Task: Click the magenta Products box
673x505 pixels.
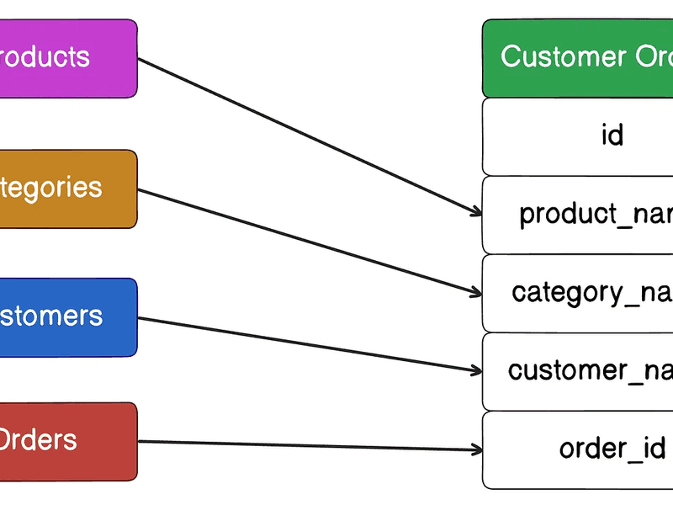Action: coord(67,58)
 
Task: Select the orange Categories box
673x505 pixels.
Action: coord(67,189)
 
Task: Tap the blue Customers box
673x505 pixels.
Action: coord(67,317)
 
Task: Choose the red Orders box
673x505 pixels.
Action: coord(67,441)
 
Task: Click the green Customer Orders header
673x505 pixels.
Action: coord(577,58)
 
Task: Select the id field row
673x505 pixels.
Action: coord(577,136)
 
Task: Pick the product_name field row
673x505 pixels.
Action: coord(577,215)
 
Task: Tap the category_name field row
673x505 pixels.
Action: coord(577,293)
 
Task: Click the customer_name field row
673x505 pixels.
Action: coord(577,371)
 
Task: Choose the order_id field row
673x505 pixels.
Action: coord(577,449)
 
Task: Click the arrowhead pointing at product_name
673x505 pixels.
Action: coord(476,213)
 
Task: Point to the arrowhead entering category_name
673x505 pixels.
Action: coord(476,293)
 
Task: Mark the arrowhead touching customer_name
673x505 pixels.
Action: coord(476,370)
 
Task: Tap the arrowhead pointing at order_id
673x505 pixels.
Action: coord(476,449)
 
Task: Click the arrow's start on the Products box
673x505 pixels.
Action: coord(140,59)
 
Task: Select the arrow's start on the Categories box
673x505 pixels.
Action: coord(140,190)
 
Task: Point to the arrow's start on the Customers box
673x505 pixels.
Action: coord(140,318)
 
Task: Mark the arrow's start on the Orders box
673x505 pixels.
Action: coord(140,442)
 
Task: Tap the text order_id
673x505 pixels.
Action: coord(612,449)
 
